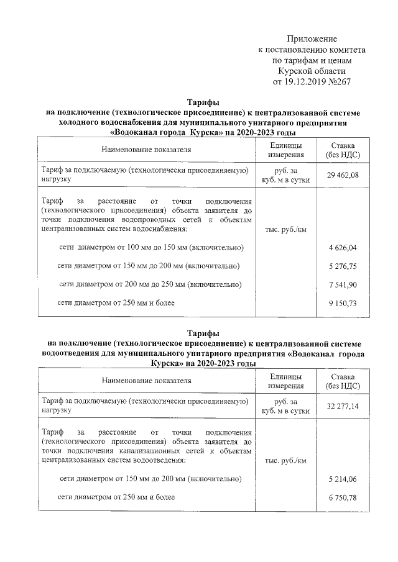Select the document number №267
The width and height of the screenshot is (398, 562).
click(338, 81)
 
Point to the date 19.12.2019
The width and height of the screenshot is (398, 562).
click(306, 81)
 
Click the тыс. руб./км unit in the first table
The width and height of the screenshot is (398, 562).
click(285, 230)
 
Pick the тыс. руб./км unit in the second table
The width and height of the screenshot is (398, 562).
click(285, 461)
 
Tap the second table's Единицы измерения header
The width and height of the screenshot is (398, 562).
click(285, 381)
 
